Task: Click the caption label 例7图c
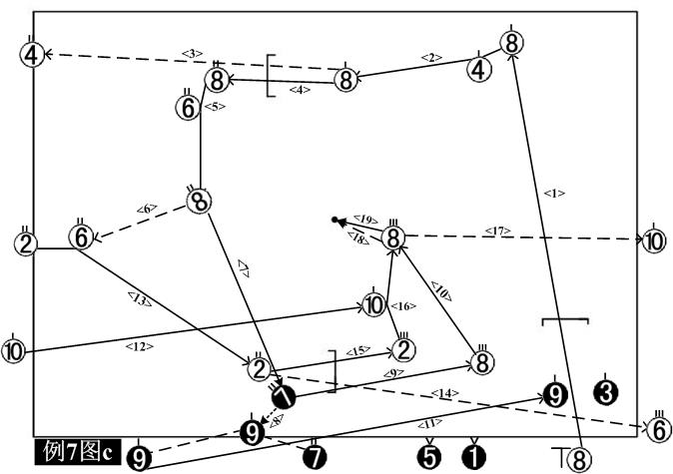[x=76, y=452]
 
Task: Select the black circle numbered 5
[x=428, y=457]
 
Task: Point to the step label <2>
[x=431, y=58]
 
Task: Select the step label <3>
[x=193, y=53]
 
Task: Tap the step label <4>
[x=300, y=90]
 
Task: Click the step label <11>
[x=436, y=423]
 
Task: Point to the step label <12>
[x=137, y=346]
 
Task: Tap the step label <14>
[x=444, y=393]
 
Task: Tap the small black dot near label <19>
[x=336, y=219]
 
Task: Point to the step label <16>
[x=403, y=305]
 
